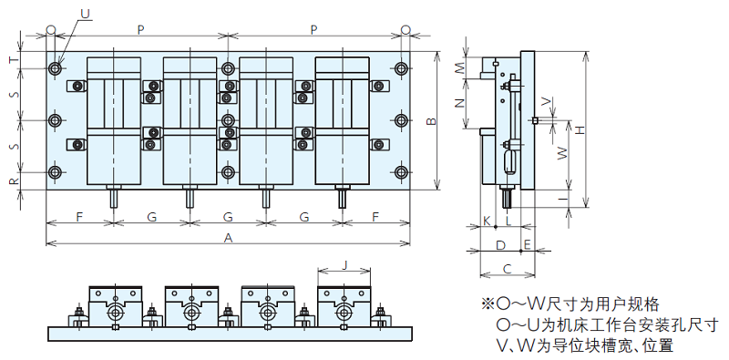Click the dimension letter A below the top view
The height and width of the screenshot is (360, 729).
click(228, 238)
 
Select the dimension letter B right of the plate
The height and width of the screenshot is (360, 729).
click(431, 121)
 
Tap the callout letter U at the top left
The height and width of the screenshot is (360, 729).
click(85, 14)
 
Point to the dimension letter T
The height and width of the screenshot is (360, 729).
click(15, 60)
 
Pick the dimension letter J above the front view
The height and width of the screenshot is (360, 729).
click(344, 265)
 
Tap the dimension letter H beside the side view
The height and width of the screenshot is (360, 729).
click(580, 130)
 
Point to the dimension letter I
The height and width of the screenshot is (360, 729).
click(563, 199)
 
